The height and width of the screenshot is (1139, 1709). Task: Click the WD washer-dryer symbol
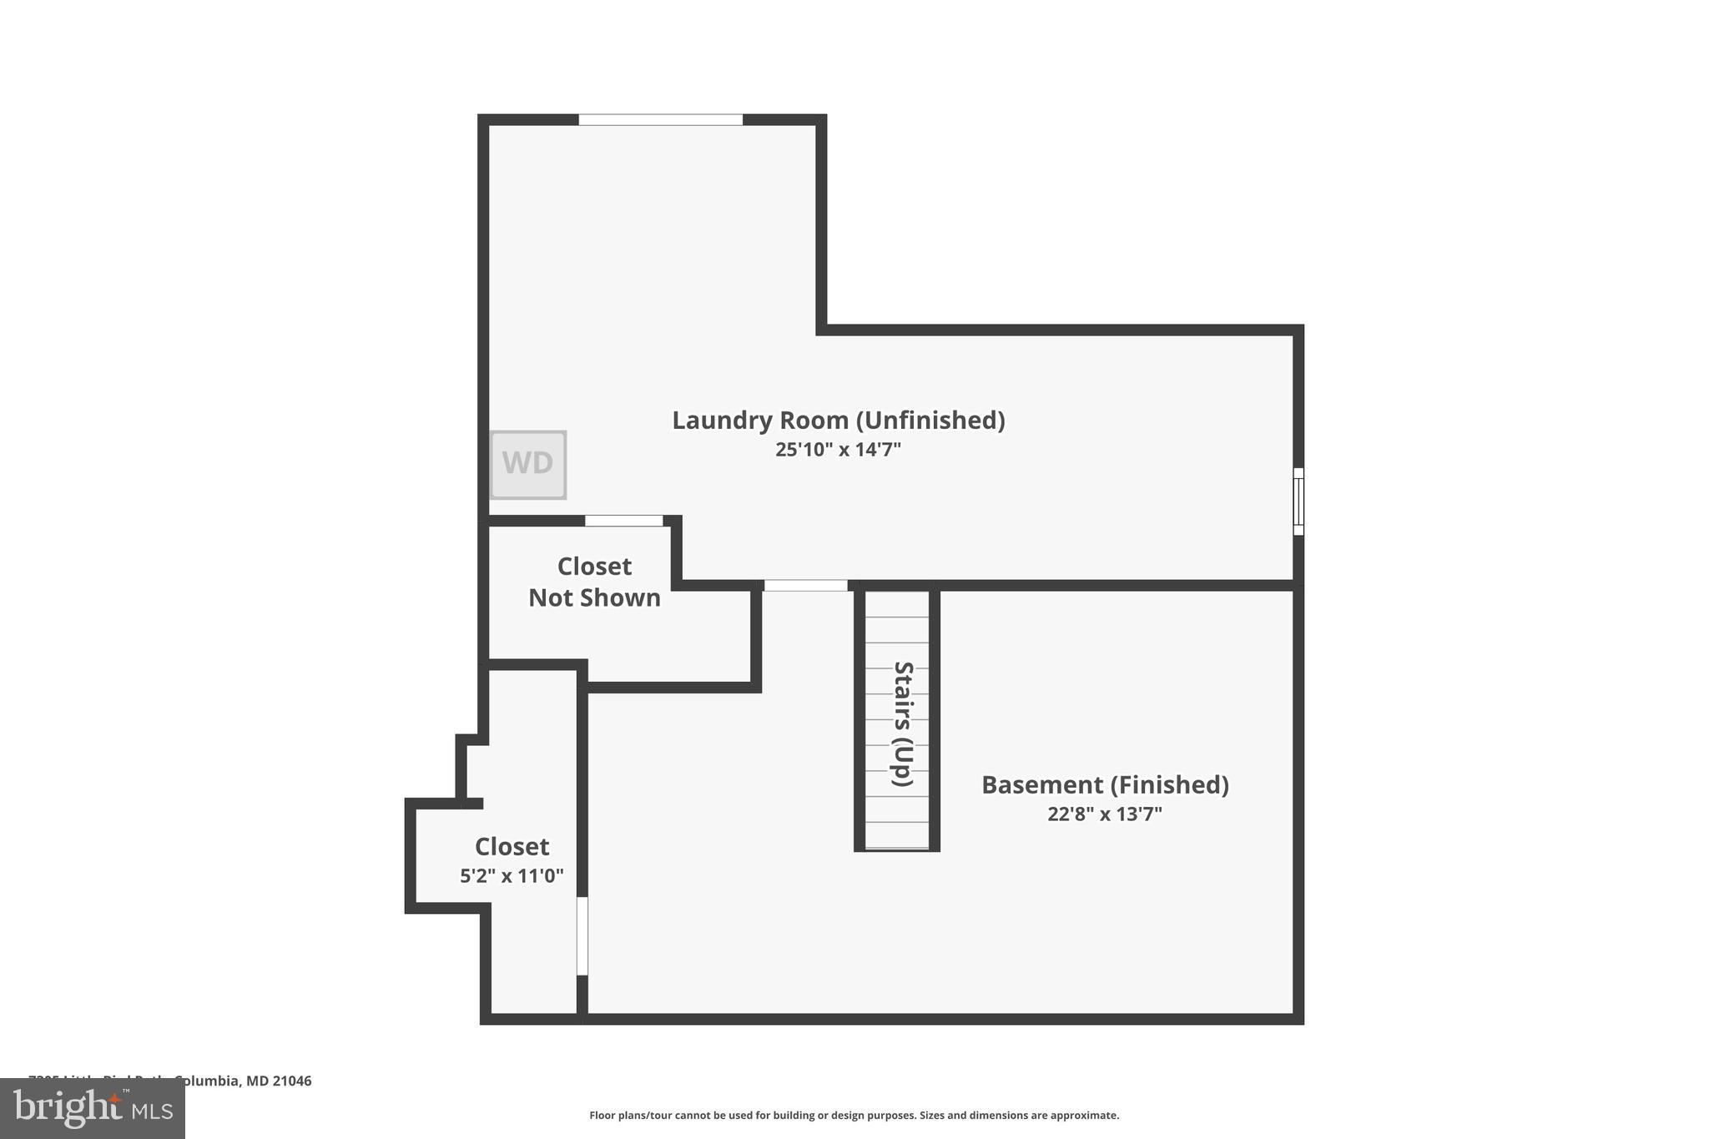click(527, 464)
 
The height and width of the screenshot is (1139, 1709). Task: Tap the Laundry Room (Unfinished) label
click(838, 420)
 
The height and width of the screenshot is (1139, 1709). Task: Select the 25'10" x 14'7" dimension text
click(838, 450)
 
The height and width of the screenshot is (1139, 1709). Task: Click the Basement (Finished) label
click(1104, 784)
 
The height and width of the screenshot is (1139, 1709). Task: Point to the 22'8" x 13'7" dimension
click(1104, 814)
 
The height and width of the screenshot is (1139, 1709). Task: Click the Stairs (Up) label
click(903, 723)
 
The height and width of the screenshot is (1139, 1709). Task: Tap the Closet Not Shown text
click(594, 582)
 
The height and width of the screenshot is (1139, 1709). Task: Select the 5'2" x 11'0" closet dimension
click(512, 876)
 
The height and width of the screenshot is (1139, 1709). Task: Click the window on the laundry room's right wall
click(1298, 501)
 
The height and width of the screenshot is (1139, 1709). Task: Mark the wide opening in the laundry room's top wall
click(660, 120)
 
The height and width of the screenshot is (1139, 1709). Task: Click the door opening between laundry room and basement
click(805, 586)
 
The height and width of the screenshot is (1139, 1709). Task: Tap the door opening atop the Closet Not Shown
click(623, 521)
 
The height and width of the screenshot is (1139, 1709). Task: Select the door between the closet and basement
click(582, 935)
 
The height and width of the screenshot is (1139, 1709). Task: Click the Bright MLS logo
click(93, 1108)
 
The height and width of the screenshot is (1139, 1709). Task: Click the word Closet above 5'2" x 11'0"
click(512, 846)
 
